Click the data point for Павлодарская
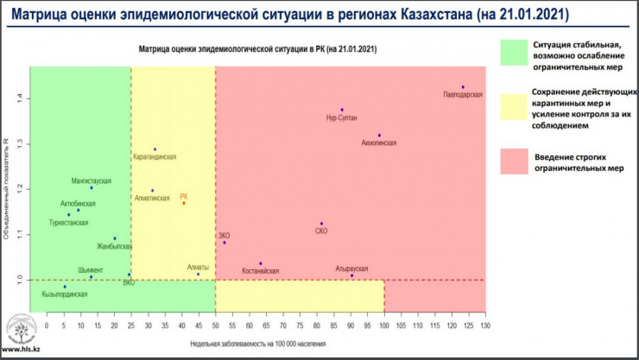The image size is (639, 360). tap(463, 87)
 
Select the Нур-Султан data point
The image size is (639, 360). tap(342, 110)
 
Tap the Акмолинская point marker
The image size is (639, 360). tap(379, 136)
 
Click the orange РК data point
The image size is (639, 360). tap(183, 203)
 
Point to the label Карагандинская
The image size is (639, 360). tap(155, 157)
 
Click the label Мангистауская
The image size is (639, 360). tap(91, 180)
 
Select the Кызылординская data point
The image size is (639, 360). tap(64, 287)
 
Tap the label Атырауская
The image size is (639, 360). tap(351, 268)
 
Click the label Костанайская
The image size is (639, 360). tap(260, 271)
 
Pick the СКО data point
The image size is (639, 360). tap(321, 224)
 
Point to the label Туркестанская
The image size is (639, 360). tap(68, 223)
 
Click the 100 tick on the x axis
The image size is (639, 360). tap(384, 325)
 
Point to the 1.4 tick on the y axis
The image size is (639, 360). tap(18, 98)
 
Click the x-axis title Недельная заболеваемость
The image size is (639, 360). tap(259, 344)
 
